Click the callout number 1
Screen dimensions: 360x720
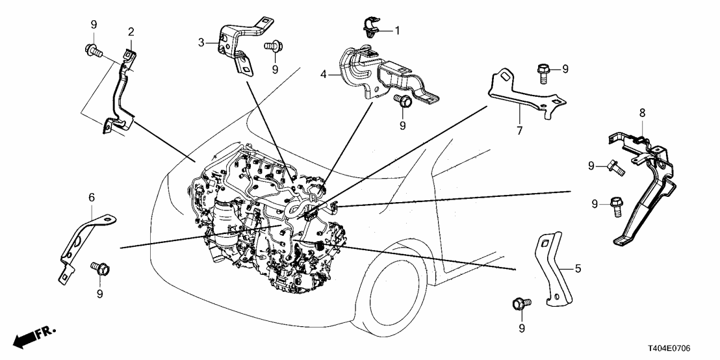coord(398,30)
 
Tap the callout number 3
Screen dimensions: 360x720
coord(201,42)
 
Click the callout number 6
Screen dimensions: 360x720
coord(91,196)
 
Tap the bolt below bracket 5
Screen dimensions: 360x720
coord(521,303)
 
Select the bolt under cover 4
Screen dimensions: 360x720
coord(402,101)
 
